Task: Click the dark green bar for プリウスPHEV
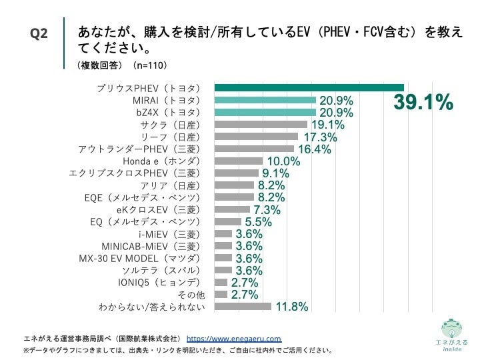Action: [x=309, y=88]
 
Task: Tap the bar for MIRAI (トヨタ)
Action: [x=265, y=100]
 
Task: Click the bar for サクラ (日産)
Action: [x=261, y=125]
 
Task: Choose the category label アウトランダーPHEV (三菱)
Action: [x=139, y=149]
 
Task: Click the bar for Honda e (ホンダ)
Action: [x=239, y=161]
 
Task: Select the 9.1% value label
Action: [x=273, y=173]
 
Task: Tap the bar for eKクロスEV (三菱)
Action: [x=232, y=209]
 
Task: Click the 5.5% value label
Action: [x=258, y=222]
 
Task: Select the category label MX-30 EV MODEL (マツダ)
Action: [x=139, y=258]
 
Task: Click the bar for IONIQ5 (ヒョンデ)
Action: [x=221, y=282]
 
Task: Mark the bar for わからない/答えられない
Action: [x=243, y=307]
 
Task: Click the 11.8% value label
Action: [x=291, y=307]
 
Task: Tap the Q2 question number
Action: [x=39, y=34]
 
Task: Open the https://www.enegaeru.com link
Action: [x=233, y=338]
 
